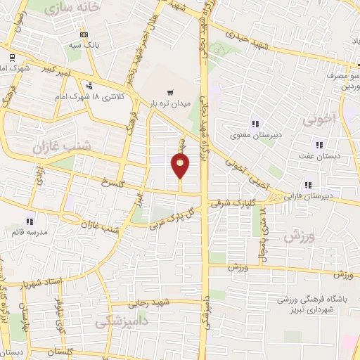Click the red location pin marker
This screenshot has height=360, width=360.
click(181, 167)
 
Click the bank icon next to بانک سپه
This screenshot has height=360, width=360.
click(84, 33)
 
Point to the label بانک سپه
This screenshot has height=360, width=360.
click(84, 44)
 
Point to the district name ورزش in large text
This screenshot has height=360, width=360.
click(300, 237)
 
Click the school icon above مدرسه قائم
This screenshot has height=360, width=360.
click(30, 221)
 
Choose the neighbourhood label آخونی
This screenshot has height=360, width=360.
click(321, 119)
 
